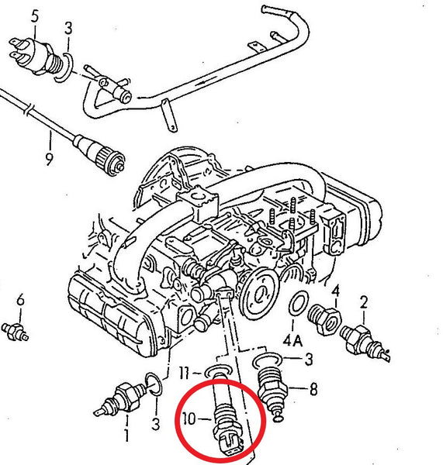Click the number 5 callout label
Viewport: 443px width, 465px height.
(x=35, y=16)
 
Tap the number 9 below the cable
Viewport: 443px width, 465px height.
(x=49, y=159)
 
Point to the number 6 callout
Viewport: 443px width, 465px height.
(x=20, y=300)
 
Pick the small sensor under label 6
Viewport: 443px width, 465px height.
(x=15, y=332)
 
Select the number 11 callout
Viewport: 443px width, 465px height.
(x=185, y=373)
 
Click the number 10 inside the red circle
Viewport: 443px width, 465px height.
(x=189, y=418)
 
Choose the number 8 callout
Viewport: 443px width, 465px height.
(x=313, y=388)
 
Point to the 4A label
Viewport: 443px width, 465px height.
(x=292, y=341)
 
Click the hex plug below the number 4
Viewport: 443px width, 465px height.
(x=324, y=319)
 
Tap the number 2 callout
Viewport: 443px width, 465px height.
(x=363, y=302)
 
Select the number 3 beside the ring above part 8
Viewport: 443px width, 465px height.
(x=309, y=359)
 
